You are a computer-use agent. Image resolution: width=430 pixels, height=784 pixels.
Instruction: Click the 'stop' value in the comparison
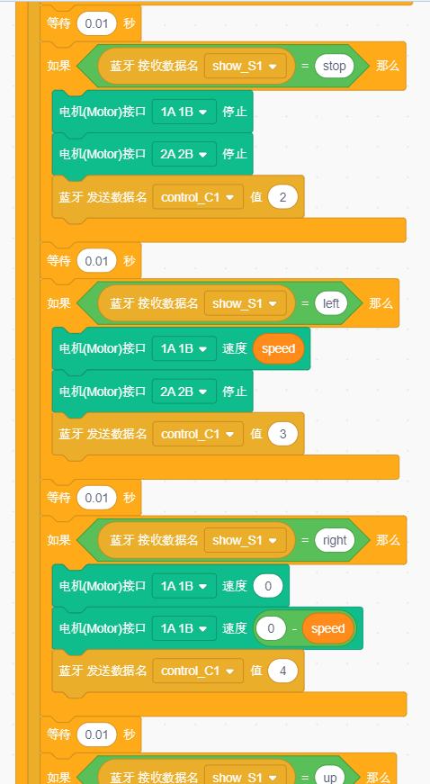[x=334, y=66]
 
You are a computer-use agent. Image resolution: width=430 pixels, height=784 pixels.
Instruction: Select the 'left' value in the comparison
[x=331, y=303]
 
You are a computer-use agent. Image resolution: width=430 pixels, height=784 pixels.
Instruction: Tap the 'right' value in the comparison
[x=335, y=540]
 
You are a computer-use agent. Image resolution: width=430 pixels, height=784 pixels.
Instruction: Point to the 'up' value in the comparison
[x=330, y=777]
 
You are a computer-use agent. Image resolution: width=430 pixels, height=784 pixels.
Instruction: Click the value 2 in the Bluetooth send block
[x=282, y=197]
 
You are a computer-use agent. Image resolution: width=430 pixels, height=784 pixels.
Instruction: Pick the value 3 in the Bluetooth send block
[x=282, y=434]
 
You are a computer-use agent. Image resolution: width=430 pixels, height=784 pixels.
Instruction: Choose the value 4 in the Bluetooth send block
[x=282, y=671]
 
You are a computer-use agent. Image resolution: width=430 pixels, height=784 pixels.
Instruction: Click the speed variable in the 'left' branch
[x=278, y=348]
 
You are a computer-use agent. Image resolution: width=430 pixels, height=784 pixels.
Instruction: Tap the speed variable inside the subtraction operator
[x=327, y=628]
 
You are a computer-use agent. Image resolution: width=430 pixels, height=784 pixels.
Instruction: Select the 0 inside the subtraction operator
[x=271, y=628]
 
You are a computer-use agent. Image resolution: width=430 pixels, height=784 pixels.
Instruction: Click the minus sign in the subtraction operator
[x=294, y=628]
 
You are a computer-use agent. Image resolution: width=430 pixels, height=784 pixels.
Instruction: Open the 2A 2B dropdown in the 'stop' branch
[x=184, y=154]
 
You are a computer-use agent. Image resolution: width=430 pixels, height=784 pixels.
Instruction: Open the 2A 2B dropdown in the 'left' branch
[x=184, y=391]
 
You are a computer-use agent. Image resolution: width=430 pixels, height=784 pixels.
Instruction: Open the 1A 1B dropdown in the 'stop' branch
[x=184, y=112]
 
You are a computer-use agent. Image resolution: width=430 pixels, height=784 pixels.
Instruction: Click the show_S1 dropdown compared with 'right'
[x=246, y=540]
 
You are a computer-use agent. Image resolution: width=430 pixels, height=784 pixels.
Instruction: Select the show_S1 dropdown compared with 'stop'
[x=246, y=66]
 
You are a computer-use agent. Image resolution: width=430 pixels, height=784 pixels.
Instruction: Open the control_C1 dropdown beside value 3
[x=198, y=434]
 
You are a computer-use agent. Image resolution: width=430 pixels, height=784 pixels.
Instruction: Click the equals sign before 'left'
[x=305, y=303]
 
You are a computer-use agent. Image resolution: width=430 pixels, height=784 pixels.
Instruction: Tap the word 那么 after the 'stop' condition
[x=388, y=66]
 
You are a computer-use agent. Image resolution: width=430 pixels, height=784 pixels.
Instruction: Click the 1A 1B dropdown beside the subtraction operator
[x=184, y=628]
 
